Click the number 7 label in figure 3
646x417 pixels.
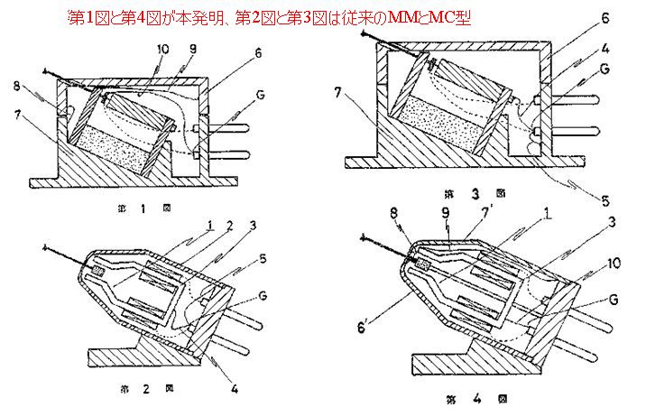339,93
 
